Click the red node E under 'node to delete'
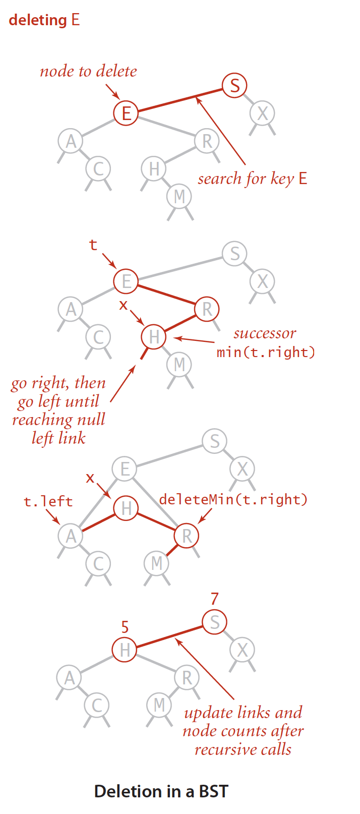click(126, 112)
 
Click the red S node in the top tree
click(234, 85)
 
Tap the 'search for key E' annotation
click(252, 179)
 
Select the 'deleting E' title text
click(44, 20)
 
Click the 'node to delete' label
click(88, 71)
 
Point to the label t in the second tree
click(93, 245)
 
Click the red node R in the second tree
click(207, 309)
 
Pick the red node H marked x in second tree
click(154, 337)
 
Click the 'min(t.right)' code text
click(266, 352)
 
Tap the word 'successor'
click(265, 333)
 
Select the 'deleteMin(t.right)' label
click(233, 499)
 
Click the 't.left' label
click(48, 501)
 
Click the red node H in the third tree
click(126, 508)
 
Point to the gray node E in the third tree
click(125, 470)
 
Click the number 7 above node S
click(215, 599)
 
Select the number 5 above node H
click(125, 627)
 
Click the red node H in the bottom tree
click(125, 650)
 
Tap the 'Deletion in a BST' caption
click(161, 791)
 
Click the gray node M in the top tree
click(179, 196)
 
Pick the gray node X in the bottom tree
click(243, 650)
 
